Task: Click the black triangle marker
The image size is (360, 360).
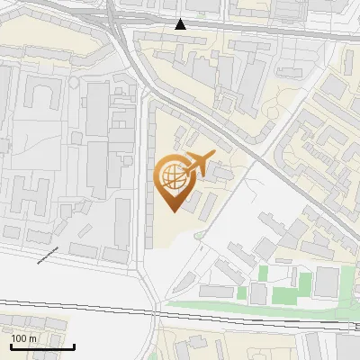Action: click(181, 24)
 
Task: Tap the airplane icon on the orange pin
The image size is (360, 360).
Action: click(195, 165)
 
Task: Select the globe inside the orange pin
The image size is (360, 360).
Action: click(171, 177)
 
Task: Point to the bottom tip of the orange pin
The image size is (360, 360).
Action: click(171, 211)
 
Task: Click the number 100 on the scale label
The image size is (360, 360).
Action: click(20, 338)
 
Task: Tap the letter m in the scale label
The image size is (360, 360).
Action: click(32, 338)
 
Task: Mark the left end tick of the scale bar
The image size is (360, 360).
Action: click(11, 346)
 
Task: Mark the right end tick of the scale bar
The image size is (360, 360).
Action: click(74, 346)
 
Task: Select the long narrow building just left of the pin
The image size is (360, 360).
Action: click(151, 180)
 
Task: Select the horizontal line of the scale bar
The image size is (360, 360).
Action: click(42, 347)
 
